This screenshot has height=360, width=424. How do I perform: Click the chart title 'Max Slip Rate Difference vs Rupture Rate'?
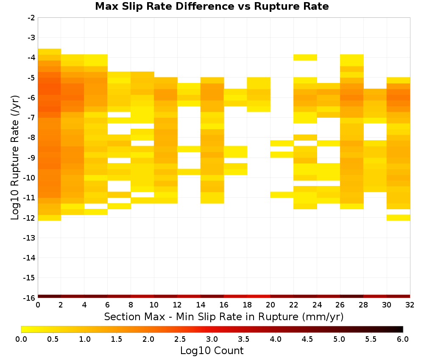tap(212, 6)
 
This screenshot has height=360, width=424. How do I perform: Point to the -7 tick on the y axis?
tap(31, 118)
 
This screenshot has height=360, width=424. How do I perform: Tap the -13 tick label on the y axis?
tap(30, 238)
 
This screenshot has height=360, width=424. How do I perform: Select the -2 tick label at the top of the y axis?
tap(31, 18)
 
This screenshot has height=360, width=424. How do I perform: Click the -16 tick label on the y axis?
tap(30, 298)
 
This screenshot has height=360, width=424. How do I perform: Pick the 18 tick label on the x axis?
tap(247, 305)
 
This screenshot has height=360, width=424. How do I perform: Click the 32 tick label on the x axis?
tap(410, 305)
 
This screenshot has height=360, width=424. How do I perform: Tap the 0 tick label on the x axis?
tap(38, 305)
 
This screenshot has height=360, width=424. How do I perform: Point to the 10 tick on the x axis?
tap(154, 305)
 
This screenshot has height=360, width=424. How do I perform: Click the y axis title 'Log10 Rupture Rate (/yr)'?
tap(15, 158)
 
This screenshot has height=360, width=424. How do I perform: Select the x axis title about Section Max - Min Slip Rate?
tap(223, 316)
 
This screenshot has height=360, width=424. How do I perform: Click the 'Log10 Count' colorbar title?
tap(212, 351)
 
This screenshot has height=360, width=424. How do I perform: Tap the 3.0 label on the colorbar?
tap(212, 339)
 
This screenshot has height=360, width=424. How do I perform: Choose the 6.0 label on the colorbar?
tap(403, 339)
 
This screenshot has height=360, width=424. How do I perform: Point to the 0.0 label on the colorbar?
tap(21, 339)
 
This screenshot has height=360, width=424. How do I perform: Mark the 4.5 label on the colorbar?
tap(307, 339)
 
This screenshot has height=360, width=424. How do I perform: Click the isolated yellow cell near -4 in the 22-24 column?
tap(305, 57)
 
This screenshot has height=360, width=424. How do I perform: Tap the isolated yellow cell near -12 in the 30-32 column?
tap(398, 217)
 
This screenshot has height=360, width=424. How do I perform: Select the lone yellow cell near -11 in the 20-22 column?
tap(282, 194)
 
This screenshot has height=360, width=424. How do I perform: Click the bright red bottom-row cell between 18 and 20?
tap(259, 296)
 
